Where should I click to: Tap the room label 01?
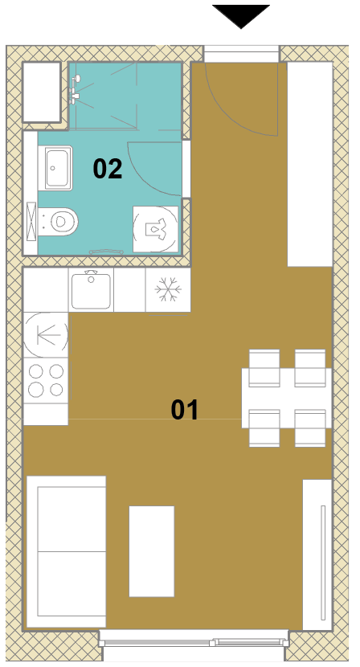tap(185, 410)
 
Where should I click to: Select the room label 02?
tap(108, 169)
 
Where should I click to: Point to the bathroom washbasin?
tap(55, 168)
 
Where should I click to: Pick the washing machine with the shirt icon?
tap(156, 229)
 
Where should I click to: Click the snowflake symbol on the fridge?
tap(168, 289)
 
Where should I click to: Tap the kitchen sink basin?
tap(91, 290)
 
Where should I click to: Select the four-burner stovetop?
tap(46, 380)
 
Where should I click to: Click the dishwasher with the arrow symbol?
tap(46, 335)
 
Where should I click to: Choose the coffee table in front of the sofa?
tap(152, 550)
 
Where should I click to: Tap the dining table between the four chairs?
tap(286, 398)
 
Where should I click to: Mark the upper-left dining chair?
tap(264, 368)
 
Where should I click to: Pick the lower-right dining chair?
tap(310, 428)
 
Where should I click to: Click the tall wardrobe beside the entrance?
tap(310, 164)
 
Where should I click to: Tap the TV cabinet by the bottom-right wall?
tap(317, 554)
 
